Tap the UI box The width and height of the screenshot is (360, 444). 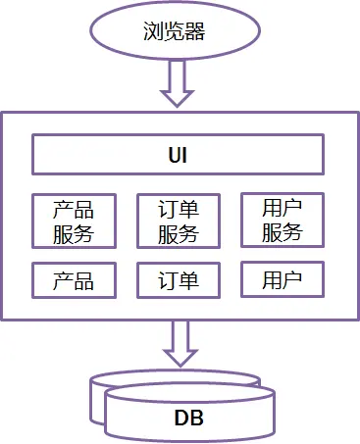click(x=179, y=155)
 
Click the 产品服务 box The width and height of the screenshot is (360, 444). click(x=74, y=221)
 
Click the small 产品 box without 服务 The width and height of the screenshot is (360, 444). click(x=74, y=281)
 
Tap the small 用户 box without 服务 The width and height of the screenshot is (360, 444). click(x=283, y=280)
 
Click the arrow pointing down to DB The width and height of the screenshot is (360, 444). click(x=179, y=344)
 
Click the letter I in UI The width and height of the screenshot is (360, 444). click(x=186, y=155)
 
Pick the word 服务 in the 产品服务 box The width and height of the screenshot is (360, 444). click(x=74, y=233)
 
